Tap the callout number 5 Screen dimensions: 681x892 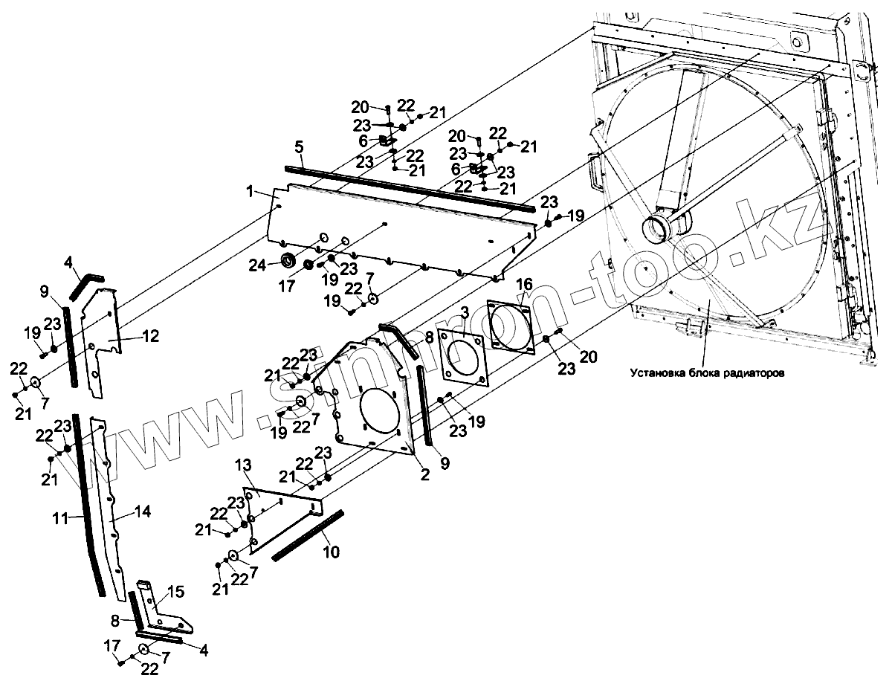click(x=299, y=146)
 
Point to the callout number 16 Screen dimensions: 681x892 click(x=525, y=284)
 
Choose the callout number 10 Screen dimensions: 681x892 click(x=331, y=552)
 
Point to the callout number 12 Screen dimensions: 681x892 click(x=150, y=336)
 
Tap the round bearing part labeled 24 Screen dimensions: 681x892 click(x=285, y=261)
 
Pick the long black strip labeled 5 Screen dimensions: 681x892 click(x=409, y=185)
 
